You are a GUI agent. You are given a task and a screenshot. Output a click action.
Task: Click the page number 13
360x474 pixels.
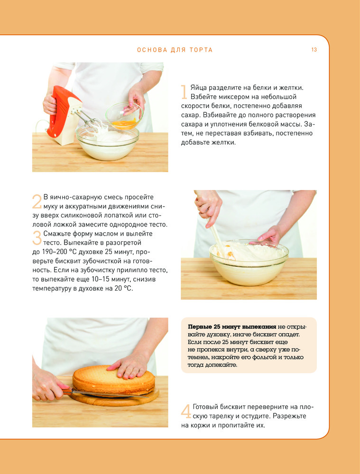point(314,50)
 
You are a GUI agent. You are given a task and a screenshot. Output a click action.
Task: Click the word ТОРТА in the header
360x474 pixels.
point(201,50)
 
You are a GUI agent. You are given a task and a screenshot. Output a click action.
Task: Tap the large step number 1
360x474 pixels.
point(184,92)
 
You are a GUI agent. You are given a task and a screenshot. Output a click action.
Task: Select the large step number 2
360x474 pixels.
point(37,201)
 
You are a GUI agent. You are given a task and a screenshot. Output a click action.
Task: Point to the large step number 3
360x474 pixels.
point(37,238)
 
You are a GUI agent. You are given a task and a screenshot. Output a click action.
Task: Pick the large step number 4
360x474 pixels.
point(186,411)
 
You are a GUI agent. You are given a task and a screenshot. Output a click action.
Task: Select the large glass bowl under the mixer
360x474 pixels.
point(108,144)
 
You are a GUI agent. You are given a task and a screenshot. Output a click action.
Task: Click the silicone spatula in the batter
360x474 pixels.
point(216,239)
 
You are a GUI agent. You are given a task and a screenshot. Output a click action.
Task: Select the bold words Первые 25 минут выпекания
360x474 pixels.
point(232,327)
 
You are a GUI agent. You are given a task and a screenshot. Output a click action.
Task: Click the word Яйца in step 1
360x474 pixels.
point(198,88)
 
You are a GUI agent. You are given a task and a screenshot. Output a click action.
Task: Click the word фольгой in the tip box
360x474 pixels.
point(267,357)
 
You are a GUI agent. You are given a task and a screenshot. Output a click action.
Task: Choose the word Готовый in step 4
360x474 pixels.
point(205,407)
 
